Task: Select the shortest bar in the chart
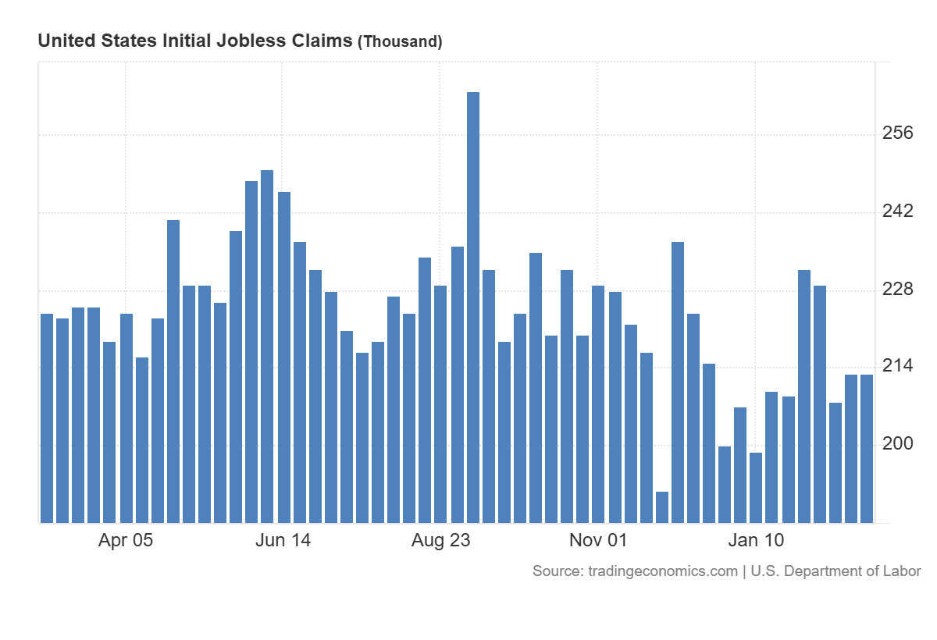(x=662, y=507)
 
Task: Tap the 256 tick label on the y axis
(x=897, y=133)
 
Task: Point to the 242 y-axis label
(x=897, y=212)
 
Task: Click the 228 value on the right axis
(x=897, y=290)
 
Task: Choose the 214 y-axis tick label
(x=897, y=366)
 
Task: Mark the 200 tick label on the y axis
(x=897, y=444)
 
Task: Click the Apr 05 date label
(x=126, y=540)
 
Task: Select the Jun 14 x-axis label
(x=283, y=540)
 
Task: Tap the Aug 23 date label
(x=440, y=540)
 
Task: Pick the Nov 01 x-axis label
(x=598, y=540)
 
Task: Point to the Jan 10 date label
(x=755, y=540)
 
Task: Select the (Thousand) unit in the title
(x=400, y=41)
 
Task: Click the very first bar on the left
(x=47, y=418)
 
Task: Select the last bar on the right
(x=867, y=449)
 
